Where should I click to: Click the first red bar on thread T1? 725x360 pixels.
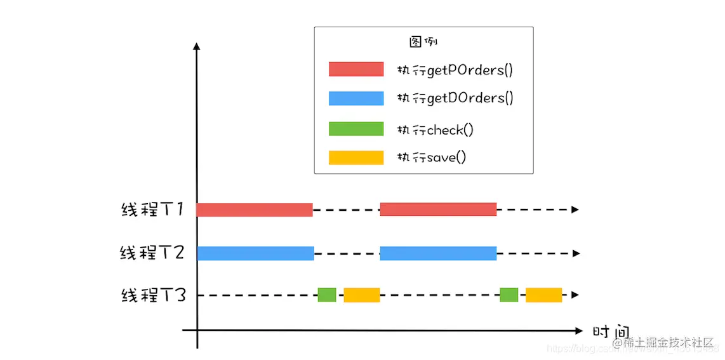(x=254, y=210)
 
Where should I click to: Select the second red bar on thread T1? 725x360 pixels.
(x=438, y=210)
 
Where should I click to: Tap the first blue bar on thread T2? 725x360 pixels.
(x=255, y=253)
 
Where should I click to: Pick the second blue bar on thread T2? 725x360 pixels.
(x=438, y=253)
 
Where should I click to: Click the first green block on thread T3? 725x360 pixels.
(x=327, y=295)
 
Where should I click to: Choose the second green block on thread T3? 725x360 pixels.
(x=509, y=295)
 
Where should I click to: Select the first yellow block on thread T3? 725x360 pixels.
(x=361, y=295)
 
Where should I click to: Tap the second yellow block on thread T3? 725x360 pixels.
(x=543, y=295)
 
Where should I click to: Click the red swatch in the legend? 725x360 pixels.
(x=356, y=69)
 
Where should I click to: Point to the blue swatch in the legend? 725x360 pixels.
(x=356, y=98)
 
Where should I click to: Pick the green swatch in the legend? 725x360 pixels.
(x=356, y=129)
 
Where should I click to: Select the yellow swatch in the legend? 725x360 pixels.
(x=356, y=157)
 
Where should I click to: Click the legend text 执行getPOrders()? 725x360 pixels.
(x=455, y=70)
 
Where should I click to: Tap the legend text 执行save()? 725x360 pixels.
(x=431, y=157)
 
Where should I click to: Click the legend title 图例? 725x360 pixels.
(x=423, y=42)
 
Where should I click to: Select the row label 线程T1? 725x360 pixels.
(x=152, y=210)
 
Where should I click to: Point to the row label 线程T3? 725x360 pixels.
(x=153, y=295)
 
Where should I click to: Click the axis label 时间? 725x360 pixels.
(x=611, y=332)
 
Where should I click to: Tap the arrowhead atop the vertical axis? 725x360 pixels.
(x=197, y=46)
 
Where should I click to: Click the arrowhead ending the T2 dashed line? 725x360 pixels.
(x=575, y=253)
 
